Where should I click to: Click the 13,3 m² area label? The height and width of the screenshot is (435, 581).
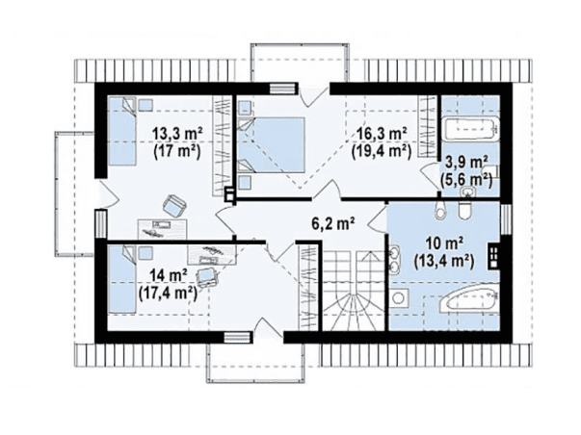177,133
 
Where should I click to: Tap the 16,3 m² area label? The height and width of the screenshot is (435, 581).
382,133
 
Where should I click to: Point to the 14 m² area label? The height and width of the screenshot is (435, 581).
169,275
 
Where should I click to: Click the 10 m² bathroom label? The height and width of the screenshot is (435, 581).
444,243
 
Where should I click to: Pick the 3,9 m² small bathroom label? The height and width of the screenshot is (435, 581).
466,162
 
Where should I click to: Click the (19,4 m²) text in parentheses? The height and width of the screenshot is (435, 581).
382,151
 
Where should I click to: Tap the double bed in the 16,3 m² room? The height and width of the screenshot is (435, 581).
271,144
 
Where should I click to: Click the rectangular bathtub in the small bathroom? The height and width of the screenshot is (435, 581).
470,129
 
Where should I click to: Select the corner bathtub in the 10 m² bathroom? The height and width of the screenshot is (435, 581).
468,300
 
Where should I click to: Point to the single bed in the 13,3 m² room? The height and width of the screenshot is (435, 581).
122,131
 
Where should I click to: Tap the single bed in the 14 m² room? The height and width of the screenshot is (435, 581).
121,279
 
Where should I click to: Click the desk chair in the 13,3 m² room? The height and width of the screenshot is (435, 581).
174,205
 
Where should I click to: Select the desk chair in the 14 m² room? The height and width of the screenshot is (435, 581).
207,277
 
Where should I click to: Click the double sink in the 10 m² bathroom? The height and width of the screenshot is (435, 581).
394,258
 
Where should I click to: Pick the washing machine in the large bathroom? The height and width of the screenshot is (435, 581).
399,298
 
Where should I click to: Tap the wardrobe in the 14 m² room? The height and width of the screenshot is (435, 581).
308,286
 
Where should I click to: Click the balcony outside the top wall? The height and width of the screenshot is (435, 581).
300,63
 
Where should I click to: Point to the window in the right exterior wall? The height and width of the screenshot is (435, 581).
506,219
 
